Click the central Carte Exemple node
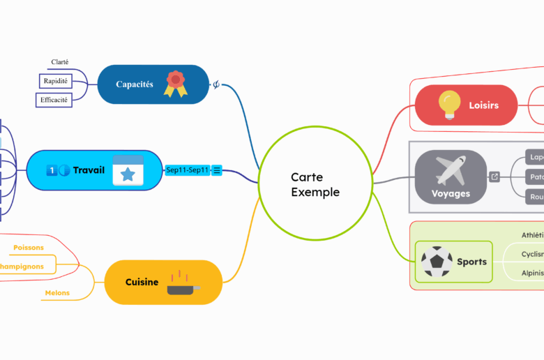(x=315, y=185)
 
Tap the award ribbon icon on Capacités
(x=175, y=84)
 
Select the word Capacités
(x=135, y=84)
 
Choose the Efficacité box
(x=54, y=100)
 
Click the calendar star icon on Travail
(x=128, y=170)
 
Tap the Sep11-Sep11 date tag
(x=188, y=170)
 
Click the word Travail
(x=89, y=170)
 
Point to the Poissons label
(x=28, y=247)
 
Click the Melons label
(x=57, y=293)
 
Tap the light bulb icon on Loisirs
(x=449, y=105)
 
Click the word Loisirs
(x=483, y=105)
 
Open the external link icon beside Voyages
(x=494, y=177)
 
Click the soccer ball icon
(x=437, y=262)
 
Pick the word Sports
(x=471, y=262)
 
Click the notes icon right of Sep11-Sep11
(x=217, y=170)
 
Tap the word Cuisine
(x=142, y=282)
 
